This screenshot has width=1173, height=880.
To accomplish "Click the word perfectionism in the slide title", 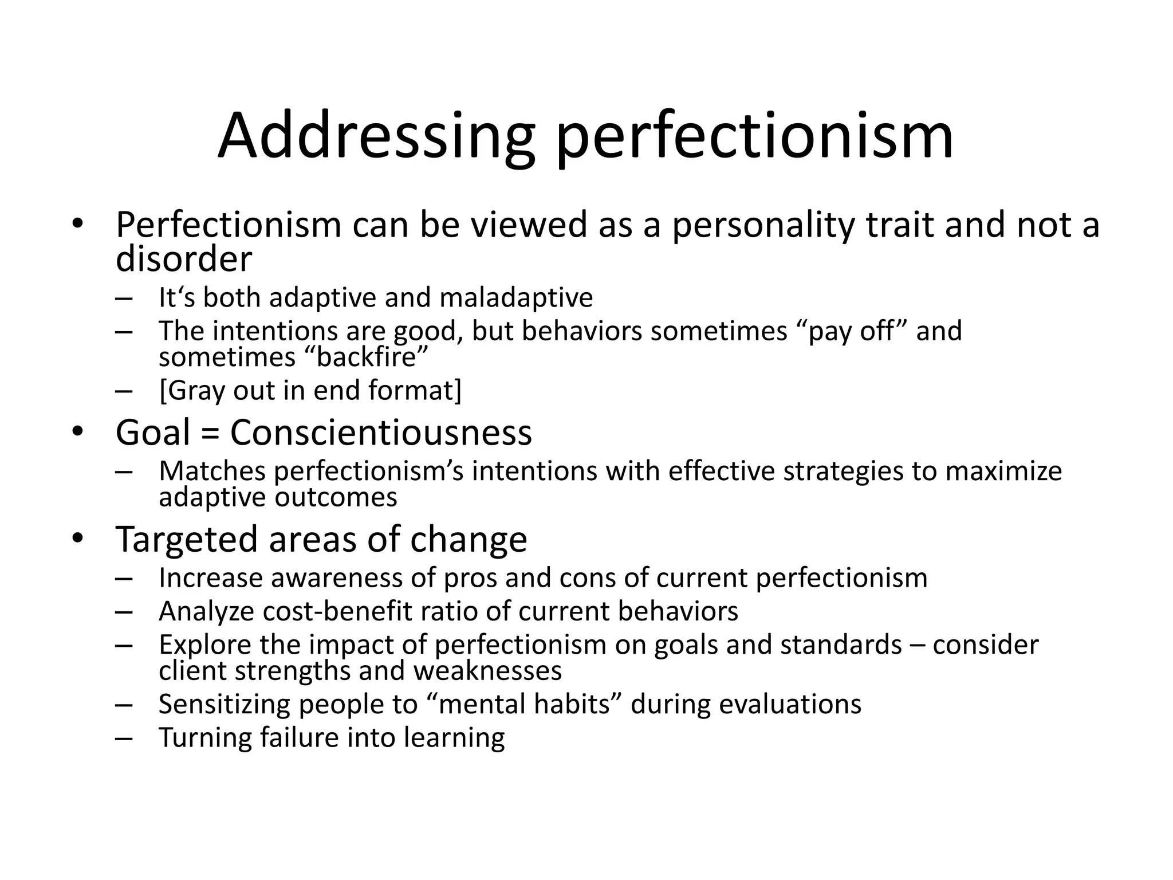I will point(754,136).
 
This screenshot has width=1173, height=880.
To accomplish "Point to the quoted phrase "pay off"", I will point(850,331).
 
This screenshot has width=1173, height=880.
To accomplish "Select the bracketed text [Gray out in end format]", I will point(310,390).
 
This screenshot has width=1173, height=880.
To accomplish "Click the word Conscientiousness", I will point(381,432).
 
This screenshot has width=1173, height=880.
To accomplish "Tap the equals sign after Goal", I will point(210,433).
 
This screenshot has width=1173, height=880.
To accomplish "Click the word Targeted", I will point(187,539).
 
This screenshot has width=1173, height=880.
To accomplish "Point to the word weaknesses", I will point(487,670).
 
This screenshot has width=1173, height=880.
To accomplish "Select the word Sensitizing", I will point(224,704).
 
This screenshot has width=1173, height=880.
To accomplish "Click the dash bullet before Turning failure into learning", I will point(123,738).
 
